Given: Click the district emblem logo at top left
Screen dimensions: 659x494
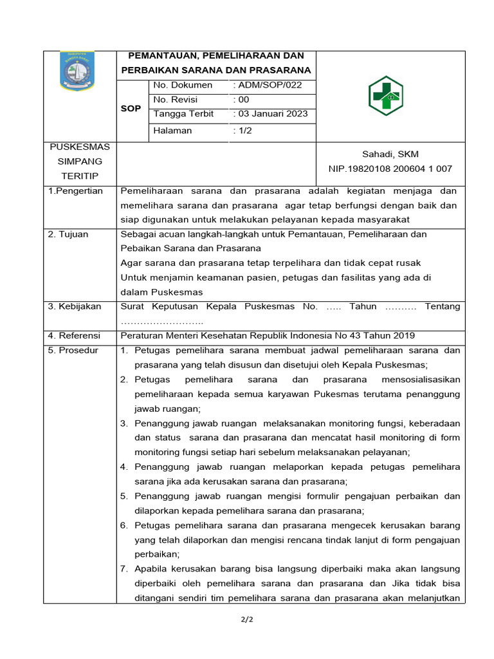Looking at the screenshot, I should pos(77,71).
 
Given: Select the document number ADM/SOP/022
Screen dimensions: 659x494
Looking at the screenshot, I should pos(269,85).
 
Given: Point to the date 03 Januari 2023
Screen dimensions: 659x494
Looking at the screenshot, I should pos(272,114).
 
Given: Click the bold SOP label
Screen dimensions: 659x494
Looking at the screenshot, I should pos(131,109).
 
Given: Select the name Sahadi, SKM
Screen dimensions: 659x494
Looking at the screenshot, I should pos(390,154).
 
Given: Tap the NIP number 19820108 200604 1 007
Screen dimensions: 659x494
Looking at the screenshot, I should pos(390,169).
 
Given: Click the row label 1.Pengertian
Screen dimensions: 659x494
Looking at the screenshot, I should pos(75,191).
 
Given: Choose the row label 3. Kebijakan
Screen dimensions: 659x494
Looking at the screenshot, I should pos(75,306).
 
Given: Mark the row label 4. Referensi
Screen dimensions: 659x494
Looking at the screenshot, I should pos(75,335).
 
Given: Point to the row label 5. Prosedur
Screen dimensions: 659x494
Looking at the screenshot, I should pos(73,350).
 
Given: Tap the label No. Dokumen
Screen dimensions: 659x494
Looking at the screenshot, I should pos(183,85).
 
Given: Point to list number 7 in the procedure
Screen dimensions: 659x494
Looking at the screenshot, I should pos(125,568).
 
